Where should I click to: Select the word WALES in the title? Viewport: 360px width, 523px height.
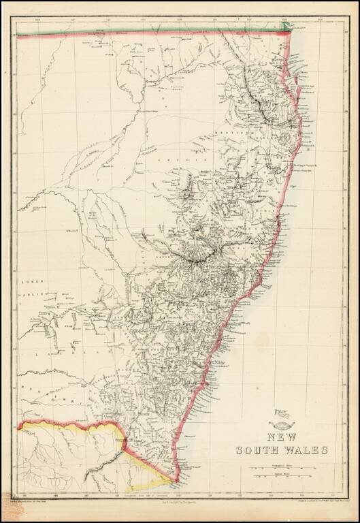pyautogui.click(x=306, y=449)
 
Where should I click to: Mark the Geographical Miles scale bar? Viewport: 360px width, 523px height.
pyautogui.click(x=280, y=469)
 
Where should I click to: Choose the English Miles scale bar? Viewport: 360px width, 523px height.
pyautogui.click(x=280, y=479)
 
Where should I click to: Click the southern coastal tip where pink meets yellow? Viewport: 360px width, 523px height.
pyautogui.click(x=179, y=481)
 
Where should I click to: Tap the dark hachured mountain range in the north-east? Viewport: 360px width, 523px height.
pyautogui.click(x=260, y=102)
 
